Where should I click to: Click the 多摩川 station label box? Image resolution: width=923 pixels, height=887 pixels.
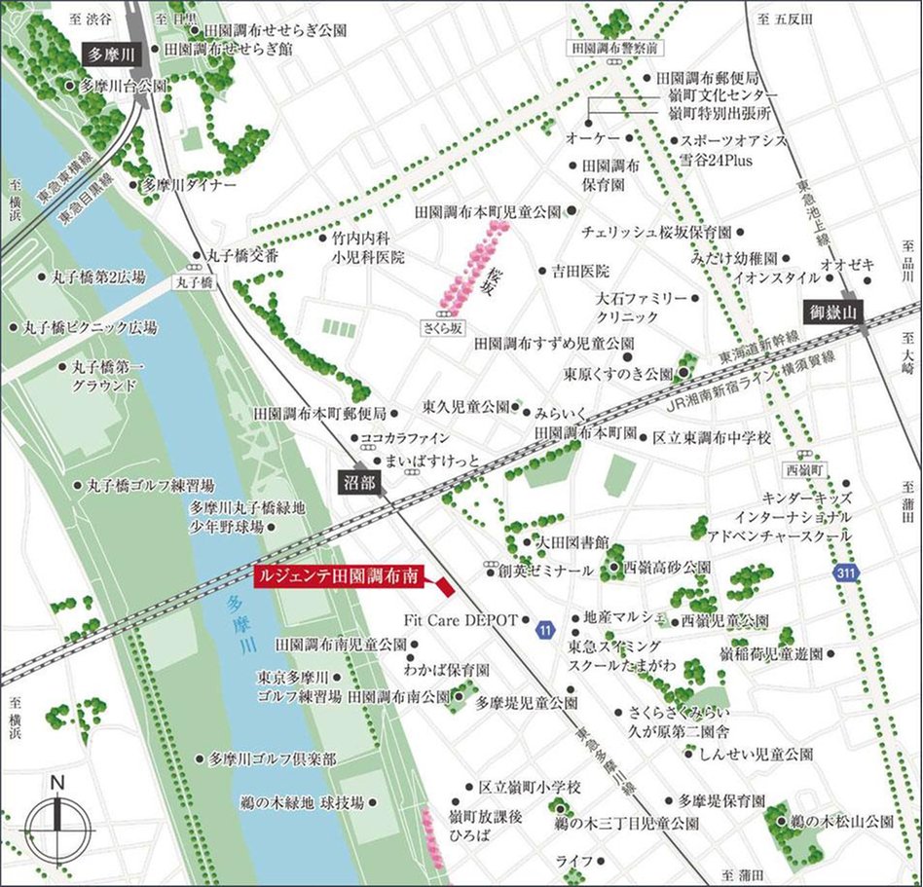[106, 55]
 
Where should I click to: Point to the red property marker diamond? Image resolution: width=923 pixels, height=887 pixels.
[443, 585]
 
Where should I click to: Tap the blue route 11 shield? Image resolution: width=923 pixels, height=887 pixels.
[544, 632]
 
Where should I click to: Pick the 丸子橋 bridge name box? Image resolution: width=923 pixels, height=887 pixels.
[195, 280]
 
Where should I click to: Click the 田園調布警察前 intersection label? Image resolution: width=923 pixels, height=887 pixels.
[615, 47]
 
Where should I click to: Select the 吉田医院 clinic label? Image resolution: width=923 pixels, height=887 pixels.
[581, 270]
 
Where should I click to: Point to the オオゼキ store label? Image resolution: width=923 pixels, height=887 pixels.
[848, 264]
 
